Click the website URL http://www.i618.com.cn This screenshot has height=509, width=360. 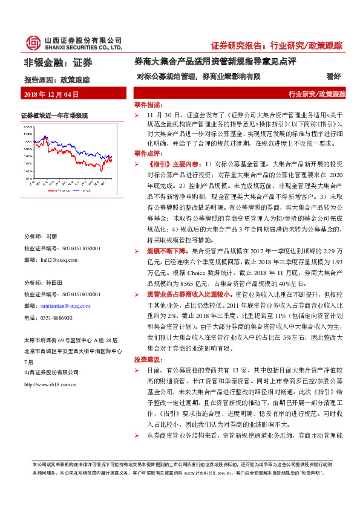(x=51, y=384)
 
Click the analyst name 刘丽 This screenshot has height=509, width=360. (x=51, y=236)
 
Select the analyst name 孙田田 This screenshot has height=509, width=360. (x=54, y=283)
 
